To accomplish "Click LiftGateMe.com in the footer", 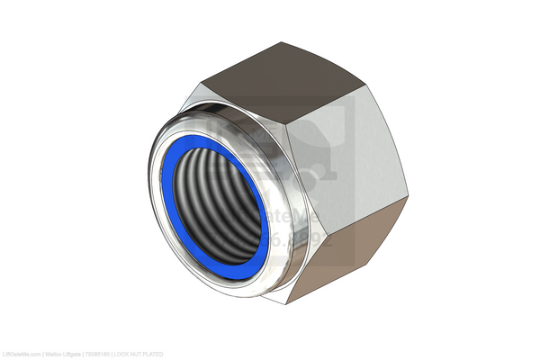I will pyautogui.click(x=20, y=353).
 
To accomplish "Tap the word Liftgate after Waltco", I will pyautogui.click(x=74, y=353).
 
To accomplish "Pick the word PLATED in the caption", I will pyautogui.click(x=157, y=353).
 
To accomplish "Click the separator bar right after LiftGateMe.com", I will pyautogui.click(x=40, y=353).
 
